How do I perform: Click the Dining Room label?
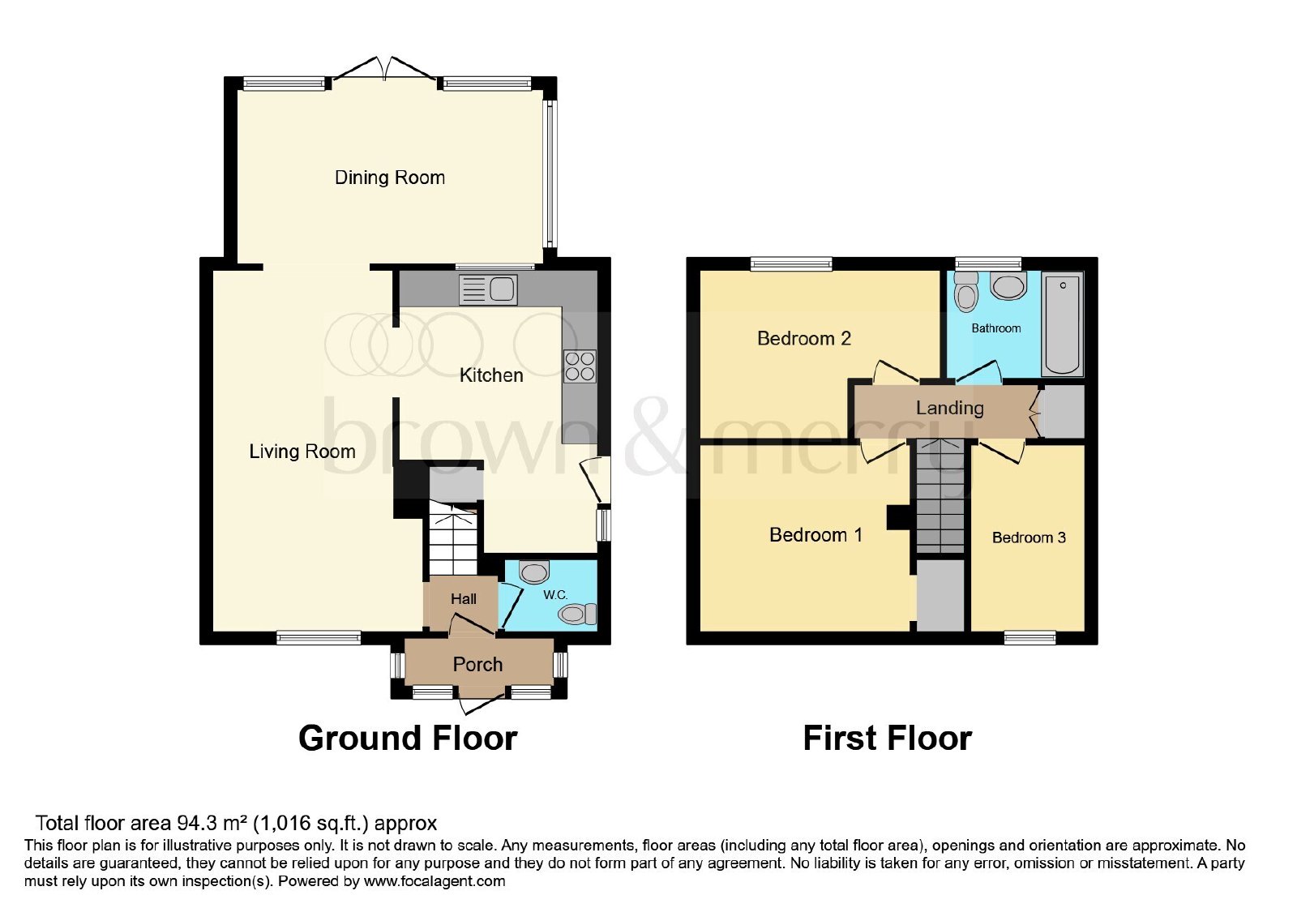point(390,178)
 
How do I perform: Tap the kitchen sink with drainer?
point(487,289)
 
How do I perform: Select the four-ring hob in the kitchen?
point(580,366)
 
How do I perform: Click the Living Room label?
point(302,451)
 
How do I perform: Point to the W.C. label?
point(555,595)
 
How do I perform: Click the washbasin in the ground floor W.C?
point(534,572)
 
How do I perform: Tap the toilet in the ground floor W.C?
point(579,613)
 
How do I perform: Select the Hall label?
point(464,599)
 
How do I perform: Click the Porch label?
point(477,664)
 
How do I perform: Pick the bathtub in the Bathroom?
point(1063,324)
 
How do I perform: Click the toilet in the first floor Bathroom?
point(965,292)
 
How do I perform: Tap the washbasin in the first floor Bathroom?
point(1008,286)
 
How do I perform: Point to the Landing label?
point(950,408)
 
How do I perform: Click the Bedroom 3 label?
point(1029,538)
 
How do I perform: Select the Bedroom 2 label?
point(804,338)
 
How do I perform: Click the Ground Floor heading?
point(408,739)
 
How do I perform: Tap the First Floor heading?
point(888,739)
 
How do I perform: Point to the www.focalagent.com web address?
point(434,881)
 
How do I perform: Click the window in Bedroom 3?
point(1030,638)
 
